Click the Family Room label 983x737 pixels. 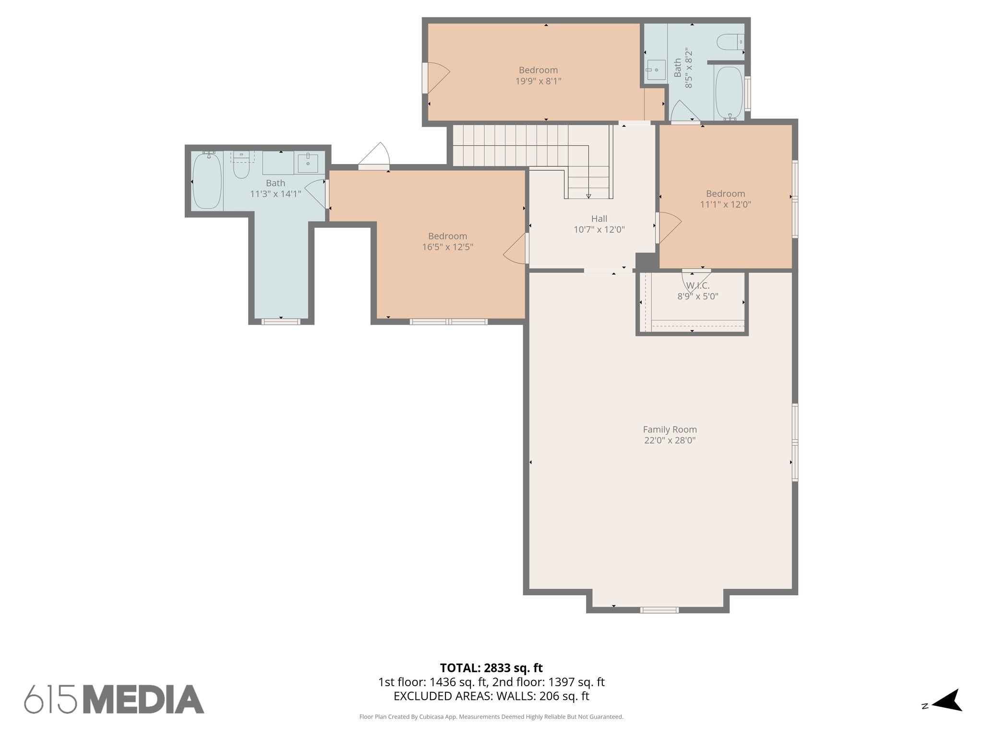[670, 429]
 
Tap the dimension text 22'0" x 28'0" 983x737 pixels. [670, 440]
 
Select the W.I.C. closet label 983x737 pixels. [697, 286]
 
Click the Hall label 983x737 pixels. [599, 219]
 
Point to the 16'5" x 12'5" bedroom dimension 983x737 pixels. [447, 247]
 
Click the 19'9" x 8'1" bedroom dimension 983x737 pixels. [538, 81]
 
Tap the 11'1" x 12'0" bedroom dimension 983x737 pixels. [725, 204]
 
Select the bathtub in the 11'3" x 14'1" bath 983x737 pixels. [207, 180]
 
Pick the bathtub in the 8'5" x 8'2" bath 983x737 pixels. [729, 93]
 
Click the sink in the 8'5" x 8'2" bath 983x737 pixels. [655, 70]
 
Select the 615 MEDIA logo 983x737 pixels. [114, 700]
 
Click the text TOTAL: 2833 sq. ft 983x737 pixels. [491, 668]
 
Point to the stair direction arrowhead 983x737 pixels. [588, 196]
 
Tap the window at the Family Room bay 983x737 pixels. [659, 610]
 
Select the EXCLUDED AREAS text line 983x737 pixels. [491, 696]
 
